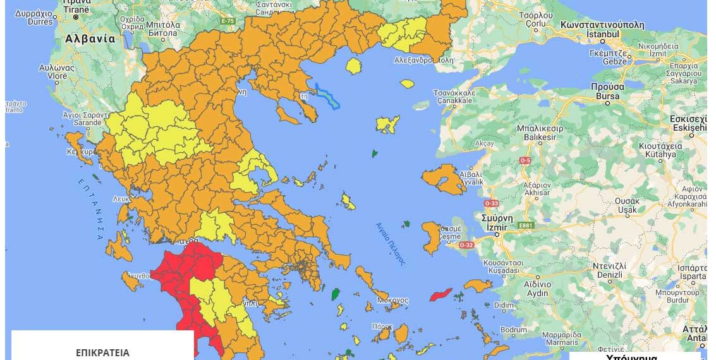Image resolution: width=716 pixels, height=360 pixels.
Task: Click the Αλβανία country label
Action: click(x=90, y=39)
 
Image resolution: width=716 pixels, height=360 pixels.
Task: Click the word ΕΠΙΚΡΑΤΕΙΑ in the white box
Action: click(x=102, y=352)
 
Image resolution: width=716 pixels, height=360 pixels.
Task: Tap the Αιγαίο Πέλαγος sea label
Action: click(x=390, y=243)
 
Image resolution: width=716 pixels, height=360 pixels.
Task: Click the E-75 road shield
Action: click(x=228, y=21)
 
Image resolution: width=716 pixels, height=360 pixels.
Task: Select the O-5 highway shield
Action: click(x=525, y=160)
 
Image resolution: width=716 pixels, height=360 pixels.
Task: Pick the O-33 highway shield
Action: click(x=491, y=203)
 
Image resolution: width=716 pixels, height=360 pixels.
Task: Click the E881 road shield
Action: click(x=526, y=225)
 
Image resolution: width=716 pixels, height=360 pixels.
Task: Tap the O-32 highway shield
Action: click(x=466, y=244)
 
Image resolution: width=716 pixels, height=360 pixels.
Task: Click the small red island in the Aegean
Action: click(x=440, y=294)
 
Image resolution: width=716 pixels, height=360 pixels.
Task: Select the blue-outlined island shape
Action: click(x=327, y=97)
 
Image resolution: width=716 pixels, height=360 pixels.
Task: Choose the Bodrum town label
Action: click(x=513, y=330)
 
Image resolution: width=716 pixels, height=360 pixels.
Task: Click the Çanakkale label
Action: click(x=454, y=100)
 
